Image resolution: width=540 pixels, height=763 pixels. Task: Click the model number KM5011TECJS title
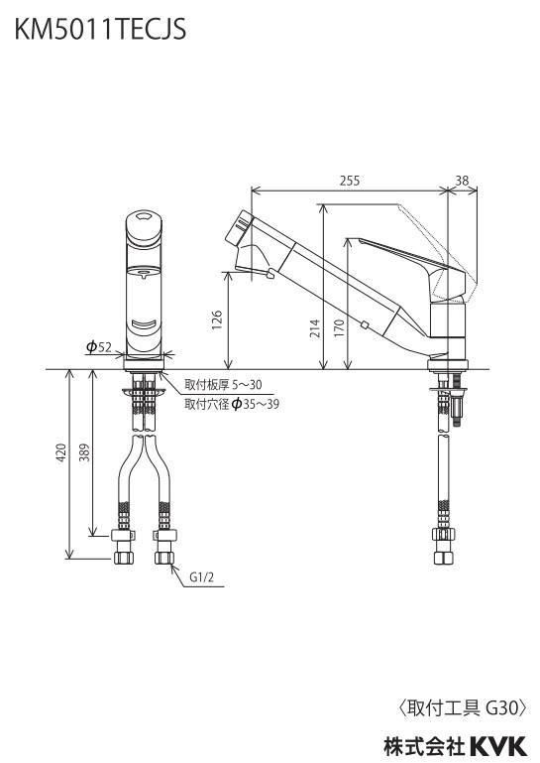[100, 29]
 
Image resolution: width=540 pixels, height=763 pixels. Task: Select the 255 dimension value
[350, 181]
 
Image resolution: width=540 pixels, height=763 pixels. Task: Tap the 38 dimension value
[462, 181]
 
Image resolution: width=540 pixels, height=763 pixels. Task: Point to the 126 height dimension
[217, 320]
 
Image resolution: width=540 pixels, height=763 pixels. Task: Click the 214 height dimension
[315, 328]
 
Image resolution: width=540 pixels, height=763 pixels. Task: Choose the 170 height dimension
[339, 328]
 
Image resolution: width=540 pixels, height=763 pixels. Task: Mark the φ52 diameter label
[99, 346]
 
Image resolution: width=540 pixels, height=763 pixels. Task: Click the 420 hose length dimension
[61, 453]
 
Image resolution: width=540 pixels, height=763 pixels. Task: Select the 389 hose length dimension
[84, 453]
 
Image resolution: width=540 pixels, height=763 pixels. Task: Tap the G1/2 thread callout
[201, 577]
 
